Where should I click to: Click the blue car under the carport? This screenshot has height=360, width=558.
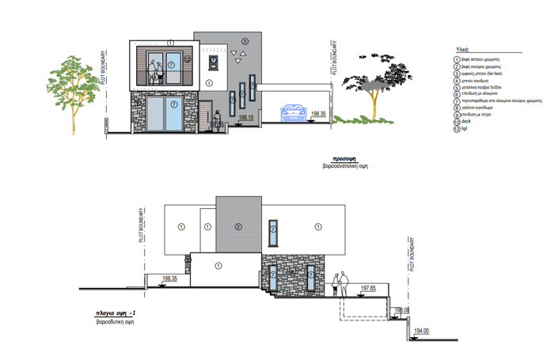coord(295,111)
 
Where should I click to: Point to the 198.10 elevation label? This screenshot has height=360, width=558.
coord(245,117)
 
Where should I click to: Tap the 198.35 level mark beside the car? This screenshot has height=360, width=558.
coord(318,114)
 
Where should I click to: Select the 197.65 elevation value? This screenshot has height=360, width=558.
coord(366,289)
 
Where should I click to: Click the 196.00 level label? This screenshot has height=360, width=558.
coord(404,309)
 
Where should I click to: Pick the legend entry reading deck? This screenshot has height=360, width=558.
coord(467,122)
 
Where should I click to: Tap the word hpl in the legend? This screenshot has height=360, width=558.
coord(465,129)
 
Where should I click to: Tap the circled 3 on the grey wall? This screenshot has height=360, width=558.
coord(245,41)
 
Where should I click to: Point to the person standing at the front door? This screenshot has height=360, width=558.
coord(214,119)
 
